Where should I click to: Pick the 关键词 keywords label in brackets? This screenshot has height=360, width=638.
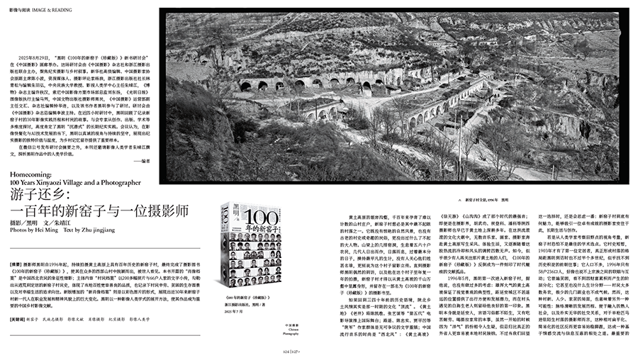pyautogui.click(x=19, y=319)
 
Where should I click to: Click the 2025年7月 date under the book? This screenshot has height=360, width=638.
pyautogui.click(x=233, y=291)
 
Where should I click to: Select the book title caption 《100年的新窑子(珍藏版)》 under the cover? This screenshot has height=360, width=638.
pyautogui.click(x=248, y=279)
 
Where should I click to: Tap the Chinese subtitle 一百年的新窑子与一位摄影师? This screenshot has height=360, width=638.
pyautogui.click(x=99, y=213)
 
